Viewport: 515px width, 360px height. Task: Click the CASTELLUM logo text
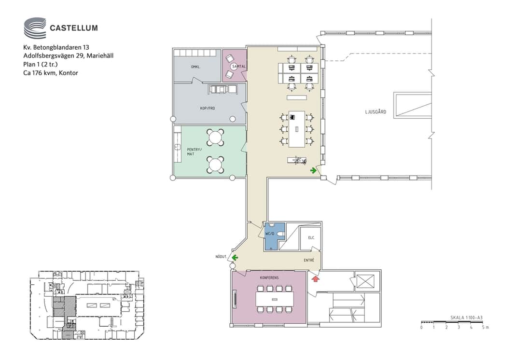point(73,28)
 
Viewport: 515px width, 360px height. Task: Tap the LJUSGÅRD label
point(376,111)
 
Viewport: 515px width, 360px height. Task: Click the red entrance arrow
point(315,279)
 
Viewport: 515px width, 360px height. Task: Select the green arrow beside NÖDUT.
point(235,258)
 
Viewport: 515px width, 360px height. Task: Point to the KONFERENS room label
point(269,277)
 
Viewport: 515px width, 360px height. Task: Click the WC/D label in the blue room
point(270,234)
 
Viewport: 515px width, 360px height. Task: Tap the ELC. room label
point(311,237)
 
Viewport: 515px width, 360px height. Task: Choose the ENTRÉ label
point(309,260)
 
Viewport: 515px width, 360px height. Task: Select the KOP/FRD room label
point(207,108)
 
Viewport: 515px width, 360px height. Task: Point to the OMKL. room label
point(196,67)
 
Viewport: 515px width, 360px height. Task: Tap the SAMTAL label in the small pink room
point(239,66)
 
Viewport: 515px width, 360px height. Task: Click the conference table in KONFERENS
point(275,299)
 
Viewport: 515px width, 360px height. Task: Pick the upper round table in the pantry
point(215,138)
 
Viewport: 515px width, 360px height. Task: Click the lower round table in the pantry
point(215,165)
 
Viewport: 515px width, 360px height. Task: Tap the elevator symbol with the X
point(365,281)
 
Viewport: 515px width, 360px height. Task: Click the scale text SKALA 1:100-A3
point(466,318)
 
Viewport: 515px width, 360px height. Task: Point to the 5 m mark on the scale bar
point(485,327)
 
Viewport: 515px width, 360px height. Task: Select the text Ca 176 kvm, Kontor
point(51,73)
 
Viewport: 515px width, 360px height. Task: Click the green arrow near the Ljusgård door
point(314,170)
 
